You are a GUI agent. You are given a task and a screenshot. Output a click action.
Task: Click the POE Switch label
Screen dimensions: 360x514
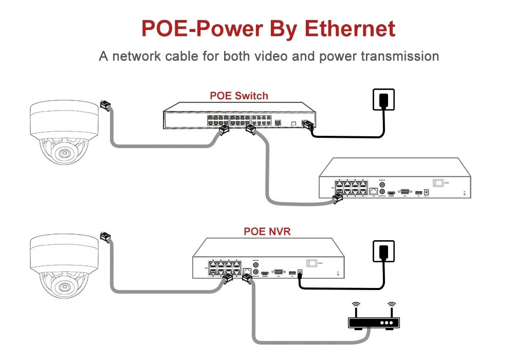[239, 96]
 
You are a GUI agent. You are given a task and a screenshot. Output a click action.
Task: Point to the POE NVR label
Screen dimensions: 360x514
[267, 231]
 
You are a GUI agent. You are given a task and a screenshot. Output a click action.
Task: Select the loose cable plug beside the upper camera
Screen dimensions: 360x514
[105, 105]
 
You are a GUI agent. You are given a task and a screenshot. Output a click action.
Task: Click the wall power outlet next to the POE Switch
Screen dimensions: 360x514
[383, 99]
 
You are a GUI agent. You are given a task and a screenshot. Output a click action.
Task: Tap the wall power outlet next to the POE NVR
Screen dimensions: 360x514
[383, 251]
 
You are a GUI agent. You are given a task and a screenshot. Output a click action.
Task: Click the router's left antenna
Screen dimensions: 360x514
[355, 309]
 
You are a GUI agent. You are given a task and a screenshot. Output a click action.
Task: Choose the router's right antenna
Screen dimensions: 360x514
[392, 309]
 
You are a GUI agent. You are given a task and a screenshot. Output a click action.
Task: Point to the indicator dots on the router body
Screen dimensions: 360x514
[385, 323]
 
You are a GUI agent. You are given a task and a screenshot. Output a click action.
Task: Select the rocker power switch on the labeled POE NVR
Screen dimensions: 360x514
[311, 262]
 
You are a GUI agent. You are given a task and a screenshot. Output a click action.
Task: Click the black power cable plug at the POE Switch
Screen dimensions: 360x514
[308, 125]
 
